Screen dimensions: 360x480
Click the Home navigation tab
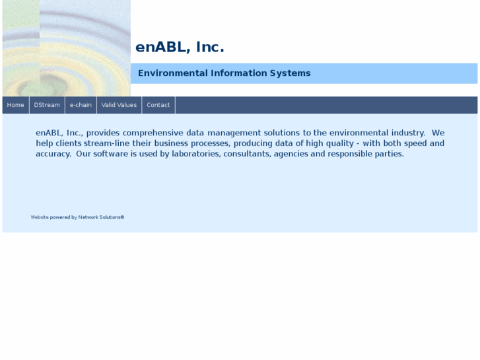click(15, 105)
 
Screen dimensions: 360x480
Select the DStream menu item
click(47, 105)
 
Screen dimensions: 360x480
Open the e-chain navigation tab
click(81, 105)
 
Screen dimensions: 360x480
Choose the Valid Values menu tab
click(119, 105)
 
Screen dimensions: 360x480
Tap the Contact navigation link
click(158, 105)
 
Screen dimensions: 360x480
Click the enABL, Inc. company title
click(180, 48)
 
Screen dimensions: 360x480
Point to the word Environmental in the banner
click(172, 73)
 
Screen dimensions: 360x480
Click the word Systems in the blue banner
click(290, 73)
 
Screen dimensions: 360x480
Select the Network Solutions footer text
click(101, 217)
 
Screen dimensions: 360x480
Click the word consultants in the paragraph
click(247, 154)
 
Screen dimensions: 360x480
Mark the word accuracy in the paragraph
click(53, 154)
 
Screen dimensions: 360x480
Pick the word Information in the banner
click(238, 73)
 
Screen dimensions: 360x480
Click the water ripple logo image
click(66, 48)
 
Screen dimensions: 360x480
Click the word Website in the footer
click(40, 217)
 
